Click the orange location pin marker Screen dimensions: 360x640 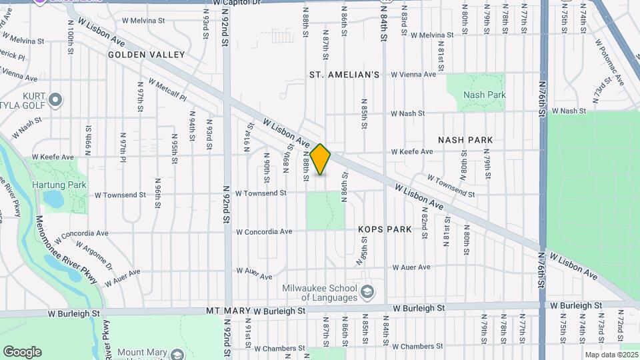coord(321,159)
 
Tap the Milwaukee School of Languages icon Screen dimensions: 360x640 coord(367,292)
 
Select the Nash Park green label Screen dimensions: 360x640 coord(484,95)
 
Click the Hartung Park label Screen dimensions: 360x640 coord(59,185)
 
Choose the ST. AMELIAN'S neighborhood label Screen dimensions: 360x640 coord(344,75)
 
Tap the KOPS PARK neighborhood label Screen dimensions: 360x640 coord(385,229)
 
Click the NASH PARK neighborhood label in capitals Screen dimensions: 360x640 coord(465,140)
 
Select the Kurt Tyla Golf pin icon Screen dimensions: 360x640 coord(56,101)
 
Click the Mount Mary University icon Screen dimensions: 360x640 coord(177,353)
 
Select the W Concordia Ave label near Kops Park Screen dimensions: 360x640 coord(264,232)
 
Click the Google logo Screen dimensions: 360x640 coord(22,352)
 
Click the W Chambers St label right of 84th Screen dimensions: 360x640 coord(418,347)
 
